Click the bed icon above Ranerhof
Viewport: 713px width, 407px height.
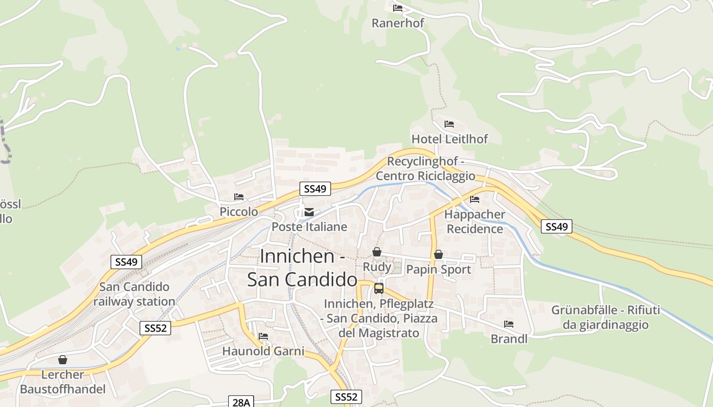398,8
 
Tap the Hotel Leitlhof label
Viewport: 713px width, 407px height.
449,139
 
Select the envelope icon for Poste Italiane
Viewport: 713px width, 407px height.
309,212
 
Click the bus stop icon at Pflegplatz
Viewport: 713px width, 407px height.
378,288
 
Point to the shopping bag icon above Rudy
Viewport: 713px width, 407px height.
376,252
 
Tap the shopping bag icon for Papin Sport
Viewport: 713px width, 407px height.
438,254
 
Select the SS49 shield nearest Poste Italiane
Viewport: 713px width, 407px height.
315,189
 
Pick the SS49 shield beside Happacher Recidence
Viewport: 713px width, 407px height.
556,226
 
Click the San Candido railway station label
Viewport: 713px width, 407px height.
134,294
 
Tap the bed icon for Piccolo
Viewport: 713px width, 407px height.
238,197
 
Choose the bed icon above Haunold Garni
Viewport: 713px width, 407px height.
263,336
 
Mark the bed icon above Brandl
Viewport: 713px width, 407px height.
508,324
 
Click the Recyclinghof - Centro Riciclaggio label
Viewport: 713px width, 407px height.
425,168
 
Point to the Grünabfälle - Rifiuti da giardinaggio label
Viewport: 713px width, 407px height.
606,317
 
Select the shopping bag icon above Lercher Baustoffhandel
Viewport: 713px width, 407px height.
62,360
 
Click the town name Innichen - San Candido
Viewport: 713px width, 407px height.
302,268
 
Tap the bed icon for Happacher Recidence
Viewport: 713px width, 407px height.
475,199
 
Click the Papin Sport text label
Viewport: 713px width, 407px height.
438,269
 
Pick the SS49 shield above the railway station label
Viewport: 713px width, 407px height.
126,262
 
